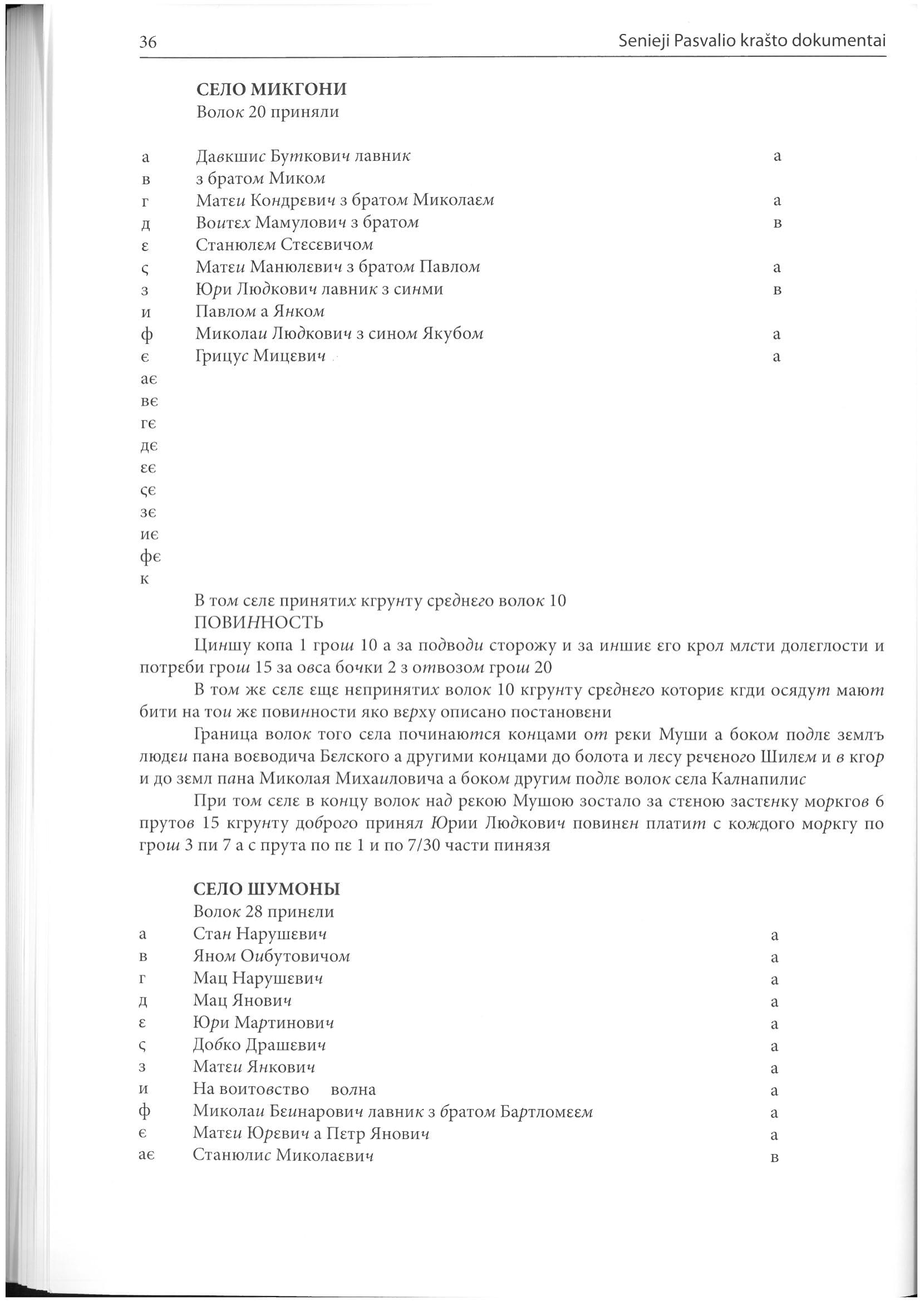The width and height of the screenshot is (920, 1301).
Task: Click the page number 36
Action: pos(148,42)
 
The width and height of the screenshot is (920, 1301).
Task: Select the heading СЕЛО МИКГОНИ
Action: pos(271,89)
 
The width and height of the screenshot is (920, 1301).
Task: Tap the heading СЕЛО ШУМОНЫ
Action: pos(266,889)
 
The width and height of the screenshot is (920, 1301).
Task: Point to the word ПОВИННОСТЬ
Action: pos(259,623)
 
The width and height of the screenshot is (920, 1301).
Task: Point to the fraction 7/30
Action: pos(419,846)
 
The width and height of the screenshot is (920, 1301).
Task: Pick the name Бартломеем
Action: pos(546,1112)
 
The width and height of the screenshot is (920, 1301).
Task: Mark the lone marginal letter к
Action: pos(145,580)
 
